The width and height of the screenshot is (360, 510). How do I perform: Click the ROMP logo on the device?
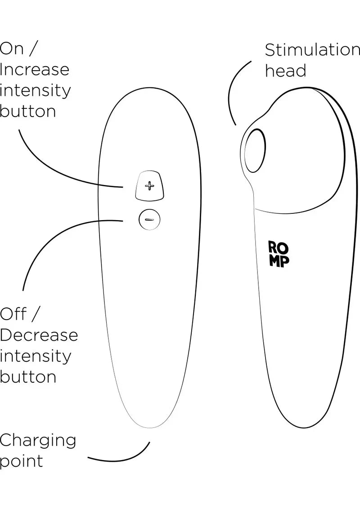tap(279, 255)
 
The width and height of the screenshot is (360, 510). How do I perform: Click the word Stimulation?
tap(312, 50)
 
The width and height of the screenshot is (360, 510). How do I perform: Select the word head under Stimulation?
tap(285, 71)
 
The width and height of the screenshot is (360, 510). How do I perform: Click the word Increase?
tap(35, 70)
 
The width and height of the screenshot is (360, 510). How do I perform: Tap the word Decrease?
tap(39, 335)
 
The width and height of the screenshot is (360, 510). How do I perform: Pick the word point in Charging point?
tap(22, 461)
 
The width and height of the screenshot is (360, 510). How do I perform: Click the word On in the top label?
tap(12, 49)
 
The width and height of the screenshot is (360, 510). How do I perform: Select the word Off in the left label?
tap(13, 314)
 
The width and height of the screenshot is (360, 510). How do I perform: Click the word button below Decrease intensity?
tap(28, 376)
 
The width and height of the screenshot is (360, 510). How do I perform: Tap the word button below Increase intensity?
tap(28, 111)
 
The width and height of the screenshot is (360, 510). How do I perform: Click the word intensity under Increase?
tap(35, 90)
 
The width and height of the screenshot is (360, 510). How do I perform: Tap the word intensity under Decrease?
tap(35, 356)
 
